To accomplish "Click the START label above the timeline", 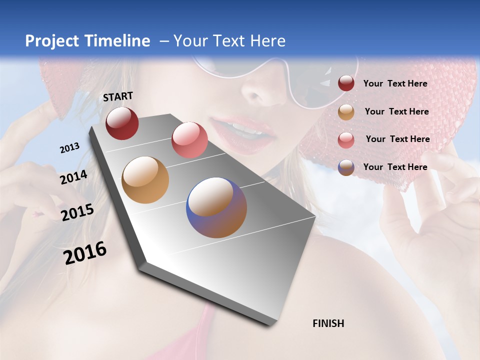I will [x=118, y=96].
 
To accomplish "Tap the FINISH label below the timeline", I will [x=328, y=323].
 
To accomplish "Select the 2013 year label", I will [x=69, y=148].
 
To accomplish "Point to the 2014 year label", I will [x=73, y=177].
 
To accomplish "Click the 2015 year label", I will [x=77, y=212].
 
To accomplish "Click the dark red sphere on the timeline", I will [x=122, y=123].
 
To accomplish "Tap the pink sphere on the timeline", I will [x=189, y=140].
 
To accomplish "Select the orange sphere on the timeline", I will [x=145, y=180].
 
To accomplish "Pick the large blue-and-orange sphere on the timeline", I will [x=216, y=207].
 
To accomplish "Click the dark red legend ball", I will [x=346, y=83].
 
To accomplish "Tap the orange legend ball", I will [x=346, y=112].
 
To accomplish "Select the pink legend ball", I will [x=346, y=139].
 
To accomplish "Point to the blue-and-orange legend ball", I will [x=346, y=167].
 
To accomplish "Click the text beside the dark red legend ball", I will [x=395, y=83].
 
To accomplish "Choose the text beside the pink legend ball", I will [x=397, y=139].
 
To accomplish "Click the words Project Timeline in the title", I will [x=87, y=41].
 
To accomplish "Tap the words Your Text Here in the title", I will [x=229, y=41].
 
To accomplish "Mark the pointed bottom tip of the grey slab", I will [x=269, y=324].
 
